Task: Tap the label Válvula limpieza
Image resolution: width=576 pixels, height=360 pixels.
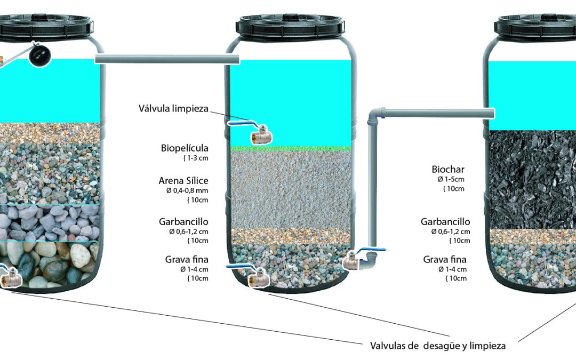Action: [173, 109]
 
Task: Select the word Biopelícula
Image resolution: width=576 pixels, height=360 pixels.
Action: [185, 148]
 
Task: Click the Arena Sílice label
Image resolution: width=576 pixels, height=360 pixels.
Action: [183, 181]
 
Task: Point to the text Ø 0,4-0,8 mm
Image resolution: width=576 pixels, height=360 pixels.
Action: [187, 190]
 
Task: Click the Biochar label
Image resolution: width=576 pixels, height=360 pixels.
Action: [448, 170]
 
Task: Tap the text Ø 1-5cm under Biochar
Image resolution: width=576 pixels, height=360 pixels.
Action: [451, 179]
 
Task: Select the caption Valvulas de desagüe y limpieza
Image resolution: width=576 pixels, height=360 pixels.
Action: [437, 346]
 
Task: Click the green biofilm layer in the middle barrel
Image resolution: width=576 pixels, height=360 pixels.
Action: [291, 149]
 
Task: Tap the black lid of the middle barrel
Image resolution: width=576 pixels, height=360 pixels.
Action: [290, 27]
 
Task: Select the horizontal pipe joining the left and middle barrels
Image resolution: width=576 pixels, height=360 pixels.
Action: [167, 59]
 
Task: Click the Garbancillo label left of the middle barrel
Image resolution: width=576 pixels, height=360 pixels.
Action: [183, 222]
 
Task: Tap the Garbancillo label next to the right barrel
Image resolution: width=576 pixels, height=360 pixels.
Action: [445, 222]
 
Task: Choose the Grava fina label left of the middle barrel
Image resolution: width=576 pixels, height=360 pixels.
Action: [187, 259]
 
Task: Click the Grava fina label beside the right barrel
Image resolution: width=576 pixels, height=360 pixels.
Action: [444, 259]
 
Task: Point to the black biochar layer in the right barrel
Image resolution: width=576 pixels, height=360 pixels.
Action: [532, 180]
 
